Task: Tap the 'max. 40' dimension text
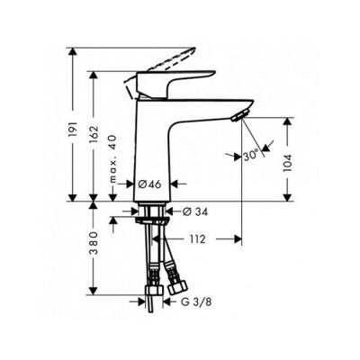tap(112, 158)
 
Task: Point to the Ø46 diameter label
tap(149, 184)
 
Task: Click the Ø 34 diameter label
tap(195, 211)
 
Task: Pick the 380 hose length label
tap(94, 243)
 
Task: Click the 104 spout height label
tap(287, 164)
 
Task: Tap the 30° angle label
tap(251, 155)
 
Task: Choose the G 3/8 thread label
tap(196, 302)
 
